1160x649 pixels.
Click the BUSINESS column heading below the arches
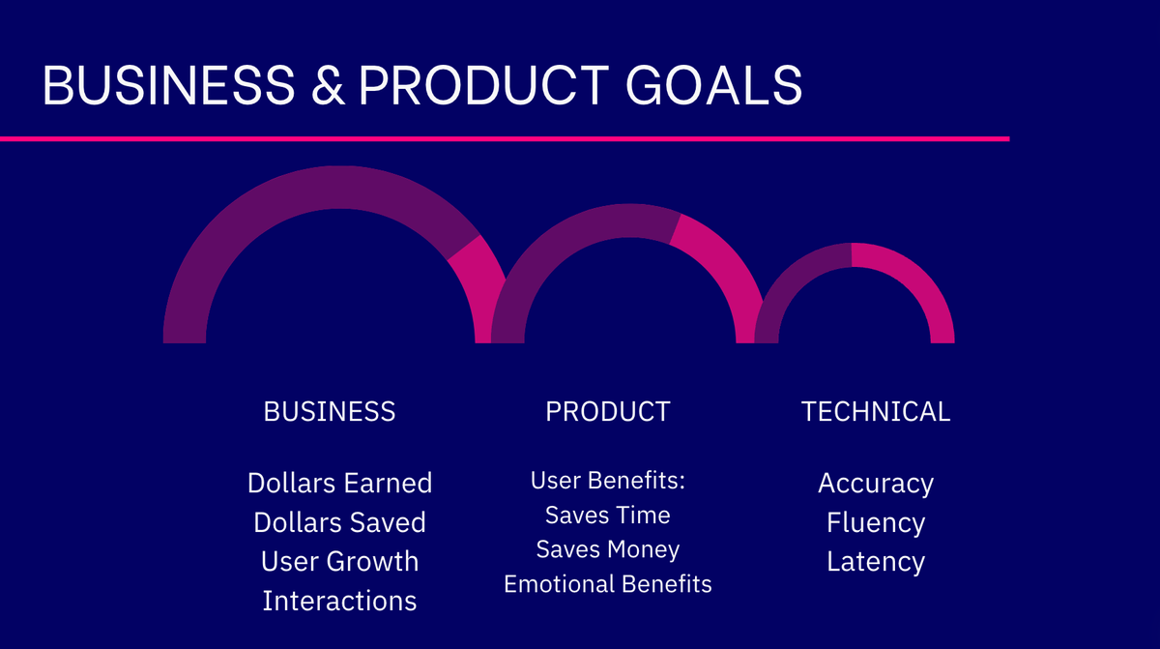click(330, 411)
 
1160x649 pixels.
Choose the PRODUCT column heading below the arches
click(607, 411)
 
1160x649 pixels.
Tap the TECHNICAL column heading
click(876, 411)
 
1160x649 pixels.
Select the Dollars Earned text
click(339, 483)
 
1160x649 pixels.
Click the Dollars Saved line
click(339, 522)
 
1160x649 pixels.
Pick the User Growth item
click(339, 561)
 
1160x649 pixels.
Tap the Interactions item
click(339, 601)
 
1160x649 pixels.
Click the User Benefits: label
click(607, 481)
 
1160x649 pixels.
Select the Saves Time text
click(607, 515)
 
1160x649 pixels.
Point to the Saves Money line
click(607, 549)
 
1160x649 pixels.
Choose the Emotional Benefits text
click(607, 584)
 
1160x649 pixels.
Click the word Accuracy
click(876, 483)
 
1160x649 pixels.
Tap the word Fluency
click(876, 522)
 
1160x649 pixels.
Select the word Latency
click(876, 561)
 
